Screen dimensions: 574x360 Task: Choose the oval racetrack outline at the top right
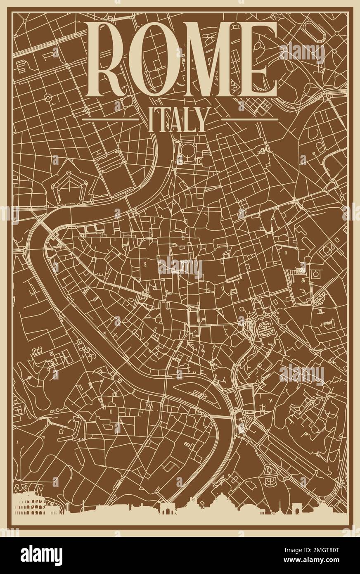point(315,31)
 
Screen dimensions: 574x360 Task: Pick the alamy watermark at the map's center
point(180,268)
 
